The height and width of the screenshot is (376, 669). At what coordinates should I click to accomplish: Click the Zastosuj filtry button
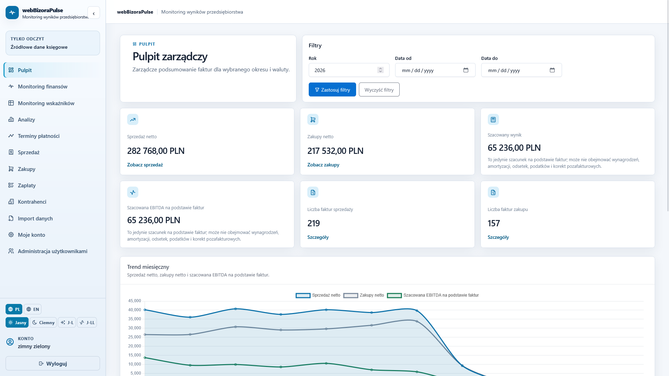(332, 89)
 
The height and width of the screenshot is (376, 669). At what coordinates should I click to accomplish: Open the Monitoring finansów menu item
(43, 86)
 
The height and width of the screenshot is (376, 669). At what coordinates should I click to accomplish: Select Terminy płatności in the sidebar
(39, 136)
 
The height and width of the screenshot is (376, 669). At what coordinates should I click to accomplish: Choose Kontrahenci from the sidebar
(32, 202)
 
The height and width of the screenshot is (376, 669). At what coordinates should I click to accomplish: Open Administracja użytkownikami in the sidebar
(52, 251)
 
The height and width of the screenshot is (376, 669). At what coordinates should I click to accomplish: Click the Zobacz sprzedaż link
(145, 165)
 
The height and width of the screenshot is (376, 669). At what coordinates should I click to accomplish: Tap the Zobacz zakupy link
(323, 165)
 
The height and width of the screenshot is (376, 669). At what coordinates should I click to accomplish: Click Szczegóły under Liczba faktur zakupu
(498, 237)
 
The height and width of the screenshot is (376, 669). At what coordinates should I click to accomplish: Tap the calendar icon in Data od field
(466, 70)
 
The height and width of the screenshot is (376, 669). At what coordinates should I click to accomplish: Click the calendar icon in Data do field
(552, 70)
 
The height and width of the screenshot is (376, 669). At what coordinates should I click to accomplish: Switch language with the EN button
(33, 309)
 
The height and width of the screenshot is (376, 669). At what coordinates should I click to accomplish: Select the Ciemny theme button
(43, 322)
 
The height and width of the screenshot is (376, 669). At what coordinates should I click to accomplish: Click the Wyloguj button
(53, 363)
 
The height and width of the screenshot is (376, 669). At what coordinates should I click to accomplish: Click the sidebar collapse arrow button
(94, 13)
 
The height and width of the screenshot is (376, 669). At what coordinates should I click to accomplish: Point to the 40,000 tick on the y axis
(134, 310)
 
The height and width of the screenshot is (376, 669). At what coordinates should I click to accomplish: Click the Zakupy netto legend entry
(364, 295)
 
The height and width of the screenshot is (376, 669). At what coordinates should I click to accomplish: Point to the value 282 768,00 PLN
(156, 151)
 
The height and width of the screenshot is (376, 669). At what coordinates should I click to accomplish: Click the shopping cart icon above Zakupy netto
(313, 119)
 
